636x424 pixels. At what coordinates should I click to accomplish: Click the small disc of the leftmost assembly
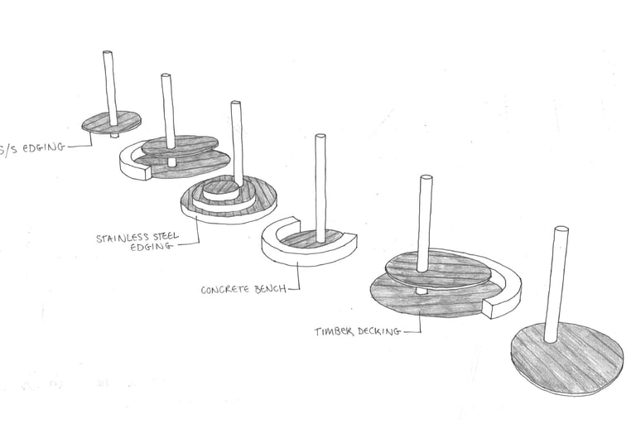coord(109,122)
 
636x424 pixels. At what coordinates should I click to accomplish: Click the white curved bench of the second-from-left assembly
coord(132,165)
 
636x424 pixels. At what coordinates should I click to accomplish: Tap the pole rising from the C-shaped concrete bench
coord(320,186)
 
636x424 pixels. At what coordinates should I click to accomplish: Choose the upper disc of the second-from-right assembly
coord(439,270)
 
